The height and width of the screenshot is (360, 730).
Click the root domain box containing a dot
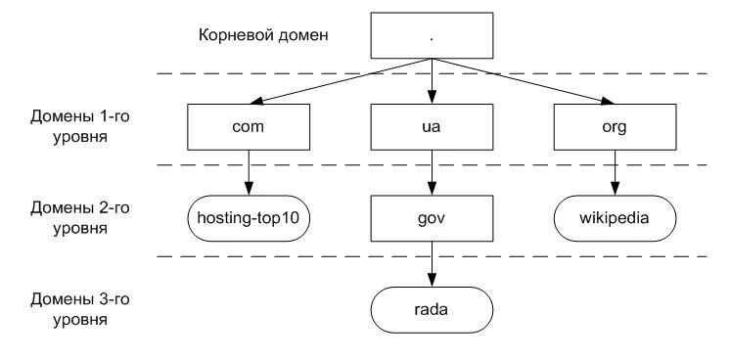(430, 36)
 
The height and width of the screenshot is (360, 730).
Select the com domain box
(248, 125)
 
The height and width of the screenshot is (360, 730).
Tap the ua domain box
(430, 125)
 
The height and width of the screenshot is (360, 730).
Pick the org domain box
(614, 125)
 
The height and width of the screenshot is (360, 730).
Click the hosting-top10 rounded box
(248, 216)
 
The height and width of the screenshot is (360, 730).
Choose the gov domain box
(430, 216)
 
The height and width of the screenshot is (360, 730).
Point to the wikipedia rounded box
(614, 216)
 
